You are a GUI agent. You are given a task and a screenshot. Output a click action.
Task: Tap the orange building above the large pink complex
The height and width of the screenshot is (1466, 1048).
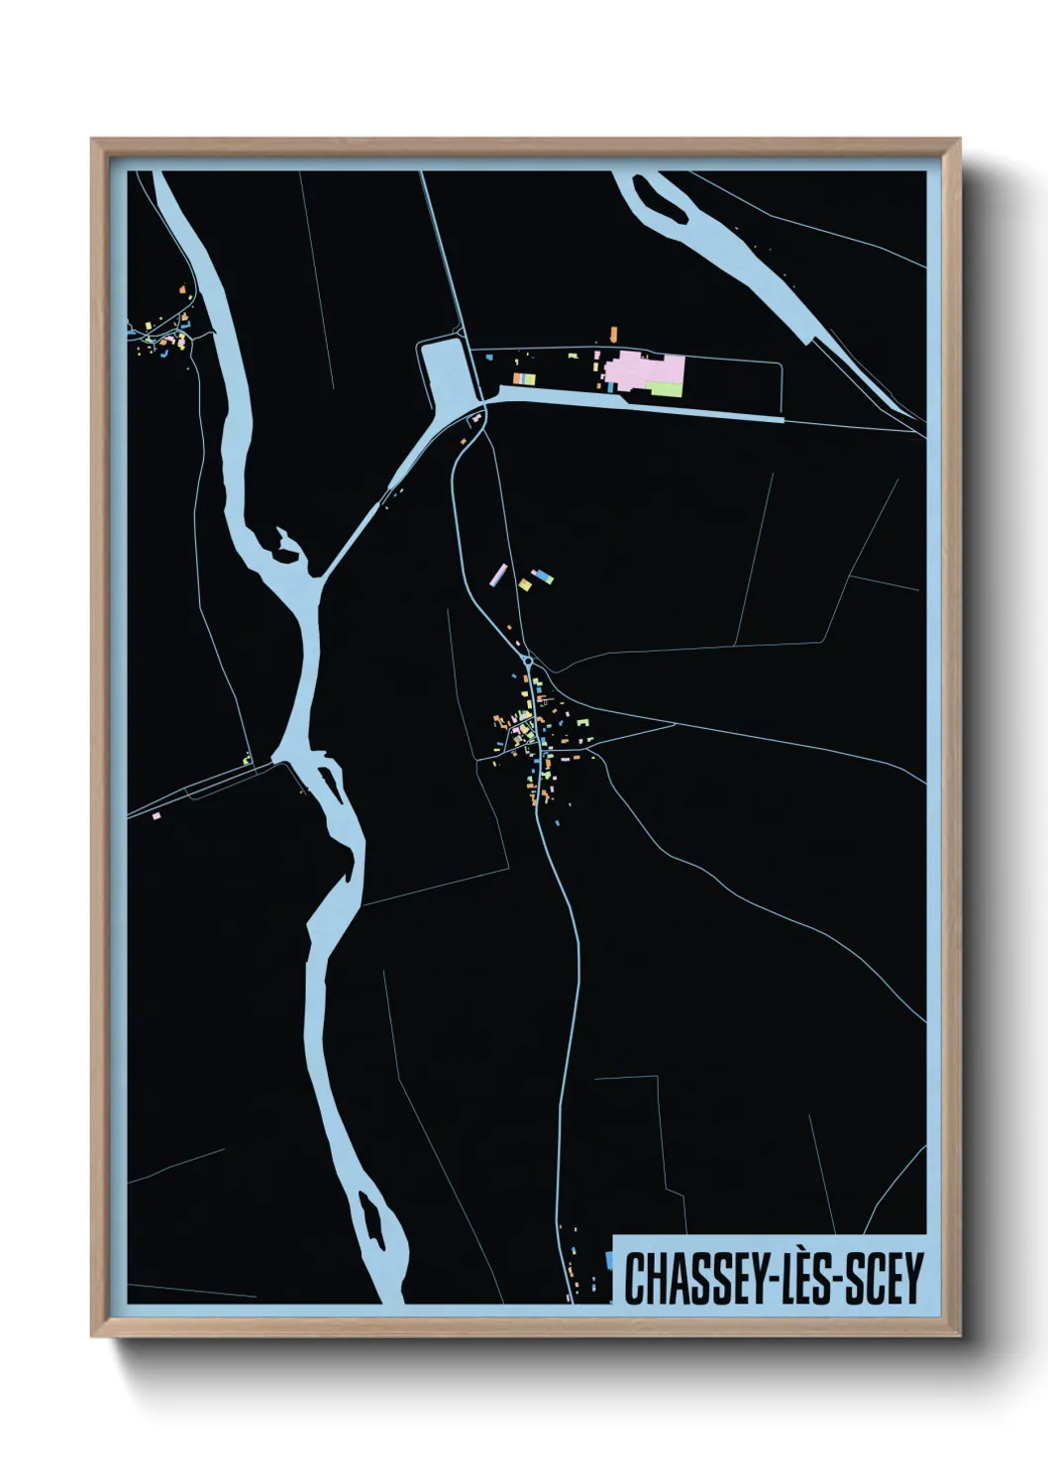click(613, 332)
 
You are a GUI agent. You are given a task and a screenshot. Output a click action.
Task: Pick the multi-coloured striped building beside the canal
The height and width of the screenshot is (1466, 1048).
click(523, 378)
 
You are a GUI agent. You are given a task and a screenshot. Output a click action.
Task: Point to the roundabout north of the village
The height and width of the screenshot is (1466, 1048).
click(529, 661)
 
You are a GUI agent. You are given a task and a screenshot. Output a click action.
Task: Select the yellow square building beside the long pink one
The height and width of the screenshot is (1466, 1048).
click(525, 584)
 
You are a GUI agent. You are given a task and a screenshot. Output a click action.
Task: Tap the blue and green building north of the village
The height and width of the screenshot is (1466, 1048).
click(541, 576)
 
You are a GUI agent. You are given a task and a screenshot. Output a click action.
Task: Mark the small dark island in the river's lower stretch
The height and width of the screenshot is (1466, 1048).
click(370, 1219)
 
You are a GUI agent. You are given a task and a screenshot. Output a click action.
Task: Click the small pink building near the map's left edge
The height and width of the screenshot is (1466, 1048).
click(157, 816)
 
